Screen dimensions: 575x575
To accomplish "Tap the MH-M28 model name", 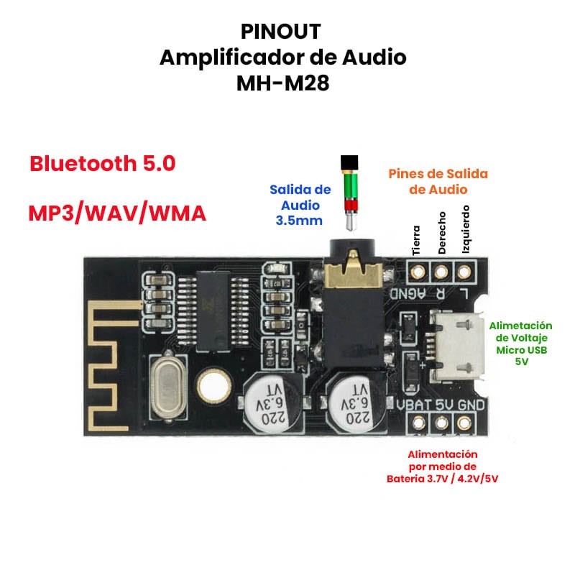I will coord(282,84).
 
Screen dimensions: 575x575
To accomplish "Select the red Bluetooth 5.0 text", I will coord(102,163).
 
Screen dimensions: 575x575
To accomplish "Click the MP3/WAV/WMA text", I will coord(117,213).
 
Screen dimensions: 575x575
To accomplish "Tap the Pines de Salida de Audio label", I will coord(438,181).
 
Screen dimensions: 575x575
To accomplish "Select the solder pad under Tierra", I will coord(418,272).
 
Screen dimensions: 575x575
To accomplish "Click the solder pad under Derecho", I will coord(441,272).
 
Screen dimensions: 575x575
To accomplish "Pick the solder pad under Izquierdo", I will coord(465,272).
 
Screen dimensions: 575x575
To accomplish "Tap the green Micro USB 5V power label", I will coord(521,344).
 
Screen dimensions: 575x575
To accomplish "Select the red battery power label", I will coord(442,466).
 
